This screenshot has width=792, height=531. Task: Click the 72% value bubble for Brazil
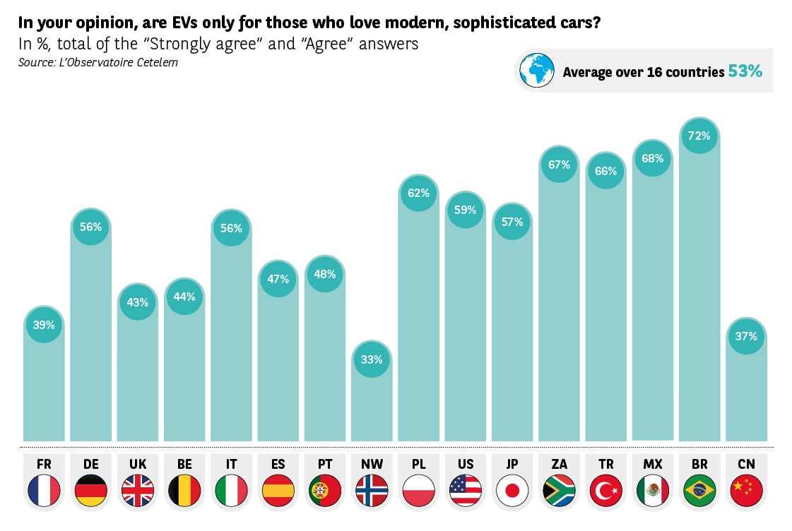(x=699, y=136)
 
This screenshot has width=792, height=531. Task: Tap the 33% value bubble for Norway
(x=372, y=359)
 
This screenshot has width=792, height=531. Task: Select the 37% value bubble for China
(x=746, y=336)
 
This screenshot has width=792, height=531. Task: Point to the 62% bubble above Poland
(x=418, y=193)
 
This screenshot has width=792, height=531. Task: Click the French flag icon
(x=44, y=490)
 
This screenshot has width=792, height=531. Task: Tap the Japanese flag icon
(x=512, y=490)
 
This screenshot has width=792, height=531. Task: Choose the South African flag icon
(x=559, y=490)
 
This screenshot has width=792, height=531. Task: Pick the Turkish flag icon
(x=605, y=490)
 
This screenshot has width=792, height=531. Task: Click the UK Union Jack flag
(x=138, y=490)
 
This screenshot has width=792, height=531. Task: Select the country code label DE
(x=91, y=464)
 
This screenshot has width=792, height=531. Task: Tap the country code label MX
(x=652, y=464)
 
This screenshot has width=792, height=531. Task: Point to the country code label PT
(x=325, y=464)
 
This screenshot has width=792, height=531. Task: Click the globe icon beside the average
(x=537, y=71)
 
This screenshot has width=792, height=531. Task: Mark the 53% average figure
(x=745, y=71)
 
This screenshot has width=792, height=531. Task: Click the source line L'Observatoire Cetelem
(x=98, y=62)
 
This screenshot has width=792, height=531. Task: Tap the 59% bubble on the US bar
(x=466, y=210)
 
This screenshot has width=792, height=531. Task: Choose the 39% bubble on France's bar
(x=44, y=325)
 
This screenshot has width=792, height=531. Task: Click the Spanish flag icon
(x=278, y=490)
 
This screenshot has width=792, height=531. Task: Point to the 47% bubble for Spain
(x=278, y=279)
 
